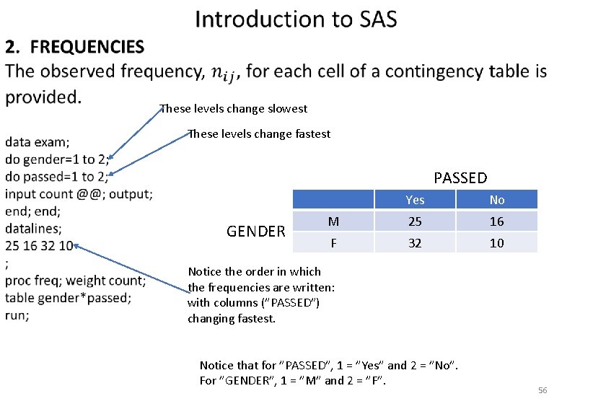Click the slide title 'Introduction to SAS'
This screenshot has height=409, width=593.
(296, 19)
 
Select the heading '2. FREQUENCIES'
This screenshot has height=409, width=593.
(75, 48)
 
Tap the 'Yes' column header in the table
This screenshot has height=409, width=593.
(415, 200)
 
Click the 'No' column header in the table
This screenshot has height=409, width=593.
(496, 200)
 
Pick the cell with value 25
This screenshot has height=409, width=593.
(415, 221)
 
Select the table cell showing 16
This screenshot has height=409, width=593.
(496, 221)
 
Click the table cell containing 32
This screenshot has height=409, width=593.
(415, 243)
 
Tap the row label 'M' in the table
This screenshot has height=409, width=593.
(333, 221)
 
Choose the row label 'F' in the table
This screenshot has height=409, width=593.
(333, 243)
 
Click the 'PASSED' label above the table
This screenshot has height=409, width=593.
(460, 177)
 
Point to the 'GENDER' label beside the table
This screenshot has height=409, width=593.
(256, 232)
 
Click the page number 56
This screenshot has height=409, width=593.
(543, 390)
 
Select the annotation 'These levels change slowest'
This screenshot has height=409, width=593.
(233, 109)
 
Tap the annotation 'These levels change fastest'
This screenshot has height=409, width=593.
(259, 133)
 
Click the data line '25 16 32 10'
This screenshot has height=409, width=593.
(39, 245)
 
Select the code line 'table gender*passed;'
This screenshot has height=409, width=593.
(68, 297)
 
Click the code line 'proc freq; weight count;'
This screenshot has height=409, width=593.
(75, 280)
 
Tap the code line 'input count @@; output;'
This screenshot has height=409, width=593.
(79, 193)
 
